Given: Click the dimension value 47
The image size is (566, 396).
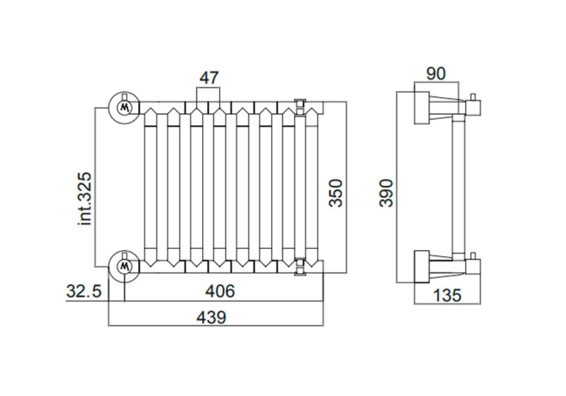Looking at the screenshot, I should pos(209,77).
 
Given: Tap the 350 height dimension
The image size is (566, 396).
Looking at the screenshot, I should pos(336,192).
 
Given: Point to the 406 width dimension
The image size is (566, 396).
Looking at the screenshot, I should pos(220,292).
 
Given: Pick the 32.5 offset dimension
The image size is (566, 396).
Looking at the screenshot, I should pos(83,292).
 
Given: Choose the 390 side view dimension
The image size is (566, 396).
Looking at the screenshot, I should pos(387,192).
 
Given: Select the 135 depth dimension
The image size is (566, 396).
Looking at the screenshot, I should pos(446,295).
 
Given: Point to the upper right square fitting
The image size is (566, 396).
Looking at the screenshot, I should pos(300,107).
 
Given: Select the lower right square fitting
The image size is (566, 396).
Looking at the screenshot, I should pos(300,265).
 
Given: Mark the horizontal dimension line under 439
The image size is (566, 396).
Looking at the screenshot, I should pos(216,326).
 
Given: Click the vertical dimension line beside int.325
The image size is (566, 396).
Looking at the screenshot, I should pos(95,186).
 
